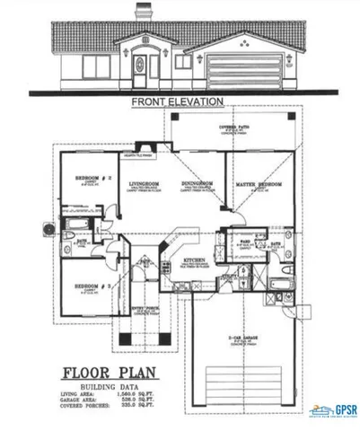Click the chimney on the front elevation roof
pyautogui.click(x=143, y=13)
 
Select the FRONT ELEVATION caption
pyautogui.click(x=177, y=102)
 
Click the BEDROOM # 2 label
pyautogui.click(x=92, y=178)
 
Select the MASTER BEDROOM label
pyautogui.click(x=259, y=184)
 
